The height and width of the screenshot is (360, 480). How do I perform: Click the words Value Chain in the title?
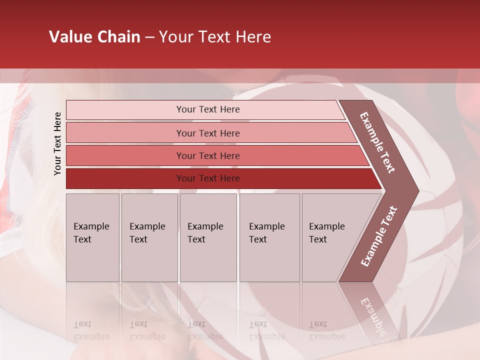coord(94,37)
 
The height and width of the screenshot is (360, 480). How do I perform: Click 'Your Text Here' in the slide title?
coord(215,37)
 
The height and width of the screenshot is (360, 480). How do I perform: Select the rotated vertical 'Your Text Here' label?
coord(57,143)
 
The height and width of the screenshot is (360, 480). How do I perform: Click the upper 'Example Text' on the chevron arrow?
coord(377,142)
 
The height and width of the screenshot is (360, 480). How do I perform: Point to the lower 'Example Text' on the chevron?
coord(379,236)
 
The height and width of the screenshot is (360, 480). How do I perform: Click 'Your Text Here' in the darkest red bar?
coord(208,178)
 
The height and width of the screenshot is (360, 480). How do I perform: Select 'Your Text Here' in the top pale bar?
coord(208,109)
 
